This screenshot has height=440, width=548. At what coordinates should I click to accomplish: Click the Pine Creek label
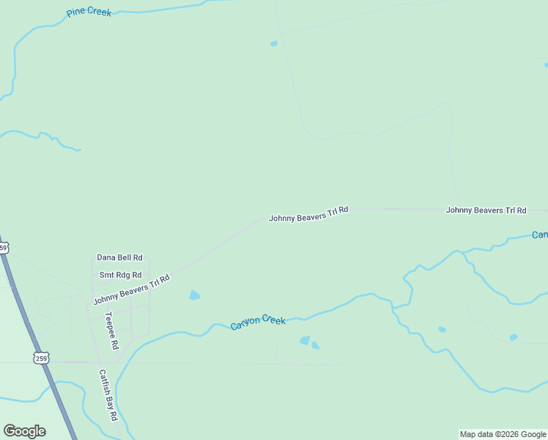pyautogui.click(x=89, y=12)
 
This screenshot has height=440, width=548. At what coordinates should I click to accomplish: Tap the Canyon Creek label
pyautogui.click(x=258, y=323)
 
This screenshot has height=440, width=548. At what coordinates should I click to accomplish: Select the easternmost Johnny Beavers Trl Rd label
pyautogui.click(x=486, y=210)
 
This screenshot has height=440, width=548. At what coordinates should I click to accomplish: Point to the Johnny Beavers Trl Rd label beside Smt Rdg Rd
pyautogui.click(x=131, y=290)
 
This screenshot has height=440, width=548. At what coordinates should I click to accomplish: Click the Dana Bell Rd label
pyautogui.click(x=119, y=258)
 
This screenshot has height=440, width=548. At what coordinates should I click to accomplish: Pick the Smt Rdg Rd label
pyautogui.click(x=120, y=275)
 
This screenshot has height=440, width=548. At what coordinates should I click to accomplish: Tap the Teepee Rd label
pyautogui.click(x=111, y=331)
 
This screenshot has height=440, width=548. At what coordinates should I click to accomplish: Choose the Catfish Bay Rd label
pyautogui.click(x=108, y=395)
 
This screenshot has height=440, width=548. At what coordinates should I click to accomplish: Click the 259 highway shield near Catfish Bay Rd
pyautogui.click(x=42, y=358)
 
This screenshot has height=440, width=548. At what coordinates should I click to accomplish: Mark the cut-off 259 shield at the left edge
pyautogui.click(x=3, y=248)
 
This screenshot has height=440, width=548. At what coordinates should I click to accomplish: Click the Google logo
pyautogui.click(x=24, y=431)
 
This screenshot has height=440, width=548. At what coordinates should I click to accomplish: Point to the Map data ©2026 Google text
pyautogui.click(x=503, y=434)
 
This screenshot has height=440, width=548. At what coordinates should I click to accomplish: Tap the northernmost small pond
pyautogui.click(x=274, y=43)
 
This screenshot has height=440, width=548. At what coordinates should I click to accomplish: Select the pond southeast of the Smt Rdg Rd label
pyautogui.click(x=194, y=296)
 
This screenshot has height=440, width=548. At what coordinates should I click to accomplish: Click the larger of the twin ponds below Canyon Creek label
pyautogui.click(x=305, y=340)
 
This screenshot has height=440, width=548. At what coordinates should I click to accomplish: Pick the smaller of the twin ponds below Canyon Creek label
pyautogui.click(x=316, y=345)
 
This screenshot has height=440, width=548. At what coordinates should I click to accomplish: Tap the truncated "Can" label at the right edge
pyautogui.click(x=540, y=235)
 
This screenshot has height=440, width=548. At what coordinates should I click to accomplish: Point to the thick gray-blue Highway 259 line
pyautogui.click(x=29, y=323)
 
